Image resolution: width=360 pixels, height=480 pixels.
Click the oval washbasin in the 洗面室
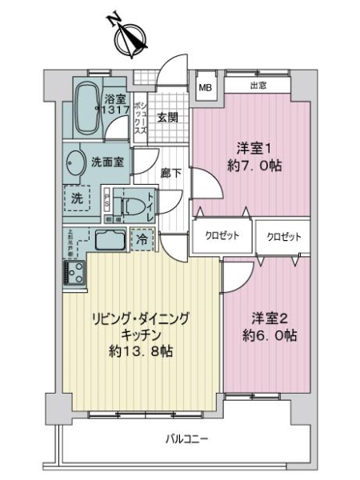click(76, 162)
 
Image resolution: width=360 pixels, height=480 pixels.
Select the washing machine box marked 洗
click(78, 198)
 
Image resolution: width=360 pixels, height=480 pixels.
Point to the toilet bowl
click(128, 205)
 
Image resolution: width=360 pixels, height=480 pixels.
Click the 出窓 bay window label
click(258, 86)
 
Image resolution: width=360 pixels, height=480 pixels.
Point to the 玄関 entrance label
click(168, 118)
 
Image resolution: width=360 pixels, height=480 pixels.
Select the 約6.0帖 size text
click(270, 336)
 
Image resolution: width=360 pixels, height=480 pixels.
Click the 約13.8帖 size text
click(143, 351)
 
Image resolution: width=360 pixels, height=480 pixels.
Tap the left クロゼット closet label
click(214, 237)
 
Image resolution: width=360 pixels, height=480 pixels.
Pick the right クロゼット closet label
click(284, 237)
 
